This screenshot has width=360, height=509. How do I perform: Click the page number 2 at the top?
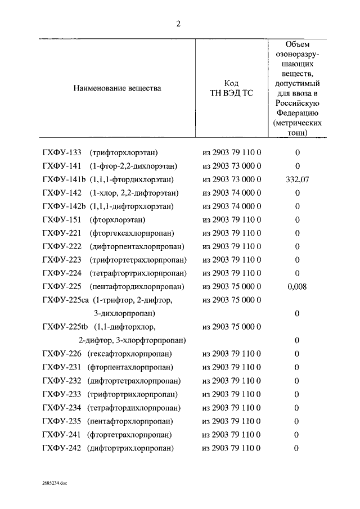tap(178, 24)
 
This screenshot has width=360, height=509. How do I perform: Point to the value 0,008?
tap(297, 287)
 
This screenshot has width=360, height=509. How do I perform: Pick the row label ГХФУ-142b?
tap(64, 206)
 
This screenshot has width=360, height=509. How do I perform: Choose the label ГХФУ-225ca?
tap(66, 300)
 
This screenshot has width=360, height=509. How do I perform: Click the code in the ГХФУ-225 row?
tap(232, 287)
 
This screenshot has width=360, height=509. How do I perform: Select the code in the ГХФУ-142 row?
tap(232, 192)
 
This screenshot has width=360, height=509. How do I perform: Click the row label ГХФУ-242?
tap(62, 448)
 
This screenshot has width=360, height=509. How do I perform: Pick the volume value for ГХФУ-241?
tap(297, 435)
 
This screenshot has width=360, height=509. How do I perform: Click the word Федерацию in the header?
tap(297, 112)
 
